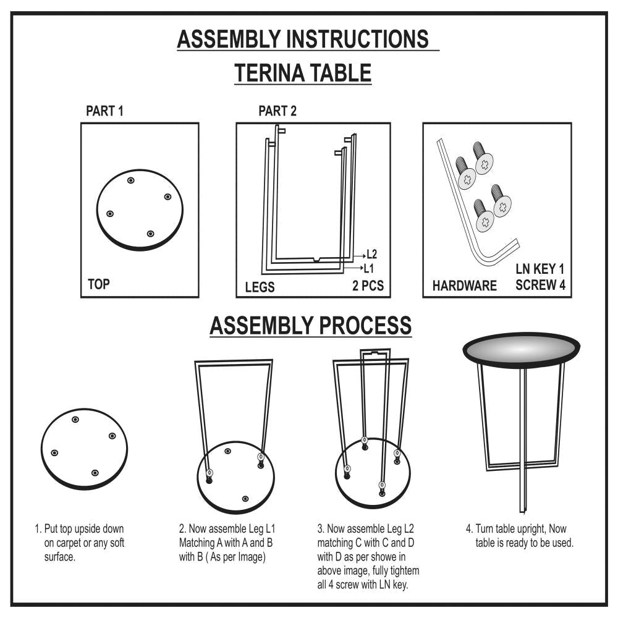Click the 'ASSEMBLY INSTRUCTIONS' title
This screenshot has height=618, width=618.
click(x=303, y=39)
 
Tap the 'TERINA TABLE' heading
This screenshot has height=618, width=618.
click(x=303, y=73)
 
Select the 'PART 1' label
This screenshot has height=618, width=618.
click(x=104, y=111)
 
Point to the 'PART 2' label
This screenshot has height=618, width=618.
click(x=277, y=111)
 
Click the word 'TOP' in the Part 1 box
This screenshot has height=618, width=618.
click(x=98, y=284)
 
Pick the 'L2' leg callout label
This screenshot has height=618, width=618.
click(x=371, y=254)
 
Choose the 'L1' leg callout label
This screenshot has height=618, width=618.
click(x=368, y=269)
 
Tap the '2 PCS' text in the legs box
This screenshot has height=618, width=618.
click(x=368, y=286)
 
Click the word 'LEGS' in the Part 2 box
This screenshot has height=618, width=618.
click(x=260, y=287)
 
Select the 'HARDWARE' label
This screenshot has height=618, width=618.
click(x=464, y=286)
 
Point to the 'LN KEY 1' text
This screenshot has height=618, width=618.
click(x=540, y=269)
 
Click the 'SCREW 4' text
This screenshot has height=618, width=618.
click(x=540, y=284)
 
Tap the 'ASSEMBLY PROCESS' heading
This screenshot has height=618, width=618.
click(x=311, y=326)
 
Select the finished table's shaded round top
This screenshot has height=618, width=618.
click(x=521, y=350)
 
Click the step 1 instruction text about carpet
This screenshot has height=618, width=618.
click(x=79, y=543)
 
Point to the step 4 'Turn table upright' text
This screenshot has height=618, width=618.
click(x=520, y=536)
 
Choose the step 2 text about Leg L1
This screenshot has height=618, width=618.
click(x=227, y=543)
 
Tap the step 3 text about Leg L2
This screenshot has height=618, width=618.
click(x=368, y=557)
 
